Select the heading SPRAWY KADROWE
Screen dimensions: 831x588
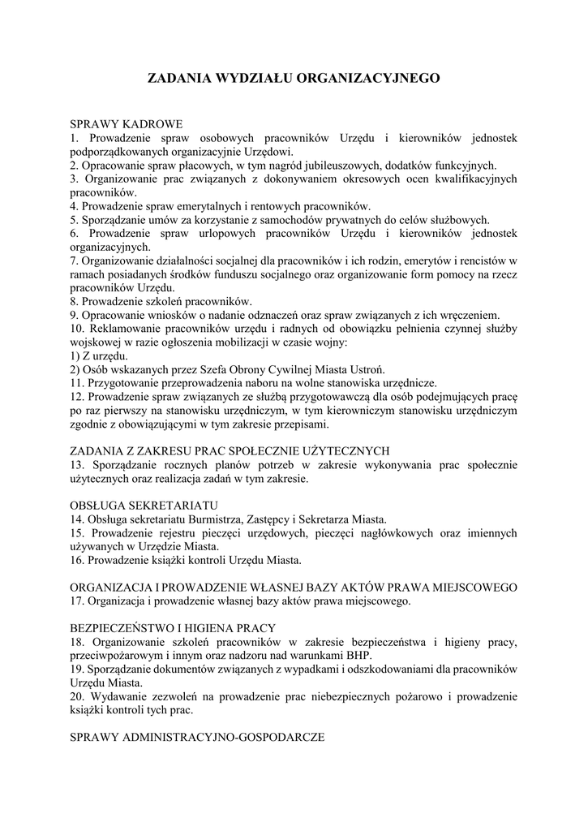pos(127,124)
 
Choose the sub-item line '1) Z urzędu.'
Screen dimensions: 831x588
pos(98,355)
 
